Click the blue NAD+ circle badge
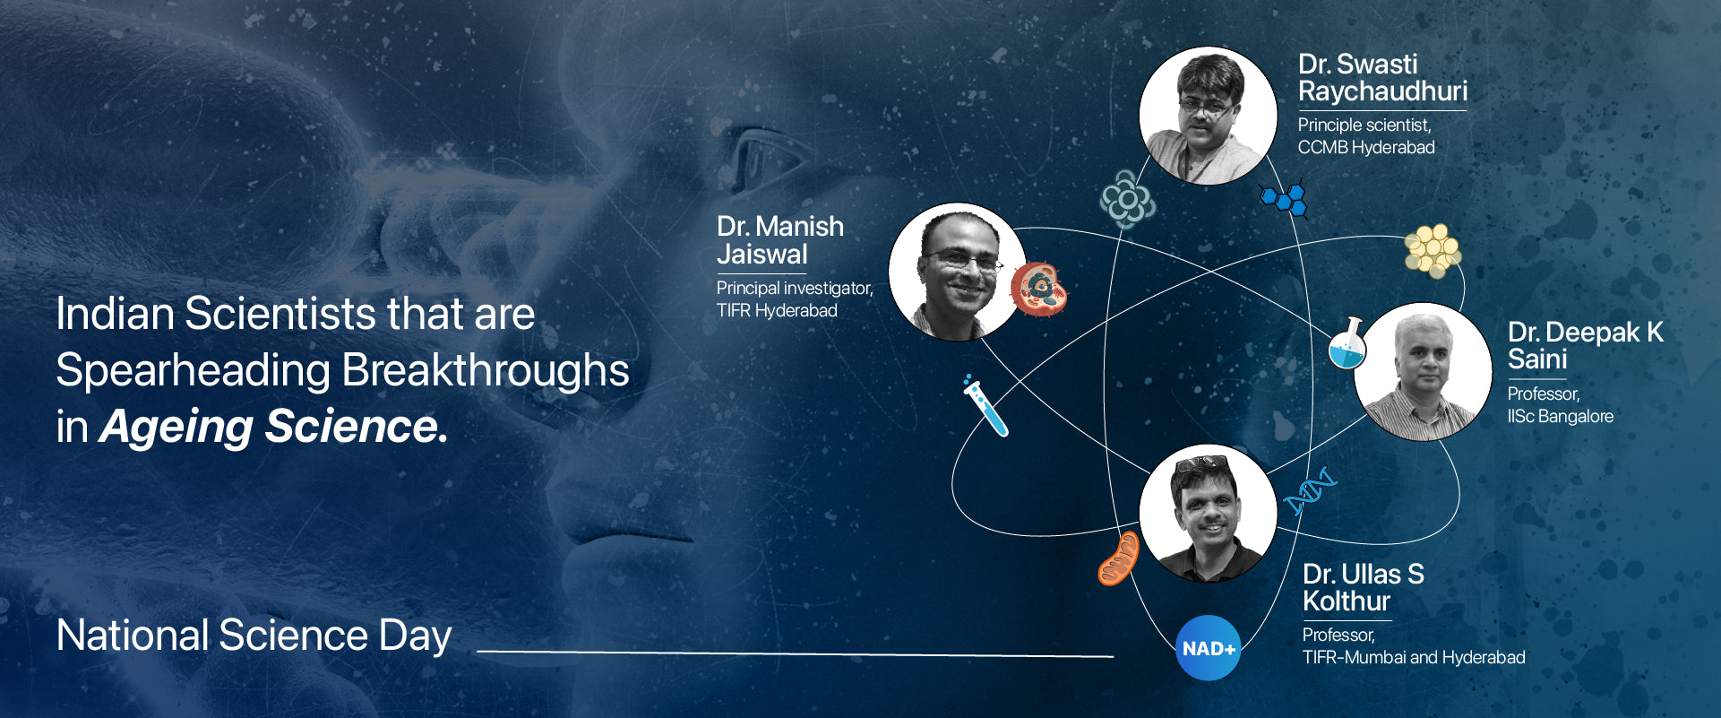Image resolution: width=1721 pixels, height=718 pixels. (x=1208, y=648)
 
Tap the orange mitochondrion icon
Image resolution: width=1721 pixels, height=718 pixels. (x=1118, y=558)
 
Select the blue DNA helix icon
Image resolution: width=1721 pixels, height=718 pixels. (x=1310, y=491)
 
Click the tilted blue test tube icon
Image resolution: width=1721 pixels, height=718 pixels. (x=985, y=406)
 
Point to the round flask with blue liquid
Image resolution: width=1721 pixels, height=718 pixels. (x=1347, y=344)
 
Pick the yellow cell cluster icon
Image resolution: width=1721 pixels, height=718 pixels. (x=1432, y=250)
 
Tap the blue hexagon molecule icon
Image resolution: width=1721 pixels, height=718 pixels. (x=1285, y=198)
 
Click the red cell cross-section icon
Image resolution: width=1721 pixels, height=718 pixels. (x=1039, y=289)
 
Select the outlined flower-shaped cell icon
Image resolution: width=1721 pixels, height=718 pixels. (x=1127, y=199)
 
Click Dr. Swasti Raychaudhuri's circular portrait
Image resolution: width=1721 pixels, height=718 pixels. (x=1208, y=116)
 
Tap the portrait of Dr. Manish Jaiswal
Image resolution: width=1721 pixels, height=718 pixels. (x=958, y=272)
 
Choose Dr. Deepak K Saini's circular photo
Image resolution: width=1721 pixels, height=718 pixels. (x=1423, y=371)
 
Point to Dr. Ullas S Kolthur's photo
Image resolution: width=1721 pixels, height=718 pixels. (x=1208, y=513)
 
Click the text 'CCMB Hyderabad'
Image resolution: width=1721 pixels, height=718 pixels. (x=1366, y=147)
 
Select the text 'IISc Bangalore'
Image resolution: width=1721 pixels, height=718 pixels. (x=1561, y=417)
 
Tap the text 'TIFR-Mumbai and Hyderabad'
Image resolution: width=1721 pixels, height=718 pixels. (x=1414, y=657)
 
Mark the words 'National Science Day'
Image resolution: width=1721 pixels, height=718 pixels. (x=254, y=636)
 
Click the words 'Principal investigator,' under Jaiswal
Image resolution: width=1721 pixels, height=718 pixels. (x=795, y=289)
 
